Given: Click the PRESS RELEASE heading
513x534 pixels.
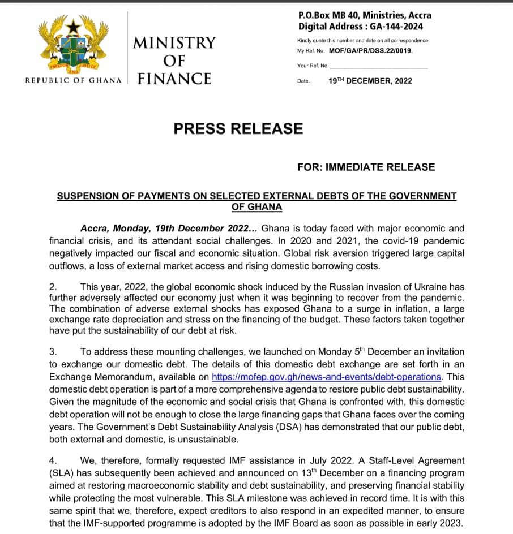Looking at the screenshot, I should (x=238, y=129).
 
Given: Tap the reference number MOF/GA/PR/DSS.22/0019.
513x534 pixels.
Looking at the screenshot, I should (x=370, y=50).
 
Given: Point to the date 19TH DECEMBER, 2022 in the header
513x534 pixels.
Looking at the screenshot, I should (x=370, y=81).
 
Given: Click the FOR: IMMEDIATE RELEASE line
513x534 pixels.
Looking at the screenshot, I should (x=366, y=167).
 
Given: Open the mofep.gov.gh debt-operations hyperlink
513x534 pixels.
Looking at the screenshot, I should (x=326, y=376).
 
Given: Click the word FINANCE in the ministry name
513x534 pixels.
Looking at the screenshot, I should (x=174, y=78).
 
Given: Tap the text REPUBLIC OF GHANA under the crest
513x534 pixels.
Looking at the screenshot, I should (x=74, y=80).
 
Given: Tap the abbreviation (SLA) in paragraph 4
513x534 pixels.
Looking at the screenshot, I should (x=62, y=473).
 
